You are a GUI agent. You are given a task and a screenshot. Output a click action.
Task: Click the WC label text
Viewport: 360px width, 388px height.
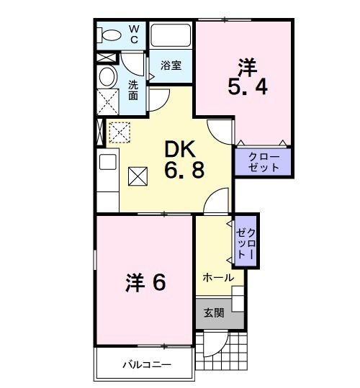coord(134,34)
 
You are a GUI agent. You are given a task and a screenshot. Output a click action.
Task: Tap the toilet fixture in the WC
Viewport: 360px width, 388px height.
coord(111,34)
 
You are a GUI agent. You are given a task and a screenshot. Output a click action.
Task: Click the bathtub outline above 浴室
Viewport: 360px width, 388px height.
coord(171,35)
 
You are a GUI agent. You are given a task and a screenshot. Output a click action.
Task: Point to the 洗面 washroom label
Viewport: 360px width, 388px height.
coord(133,89)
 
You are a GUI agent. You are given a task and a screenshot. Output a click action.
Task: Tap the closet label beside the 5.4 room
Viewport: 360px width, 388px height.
coord(263,162)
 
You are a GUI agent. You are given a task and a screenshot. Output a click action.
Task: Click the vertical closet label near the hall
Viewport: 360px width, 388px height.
coord(246,242)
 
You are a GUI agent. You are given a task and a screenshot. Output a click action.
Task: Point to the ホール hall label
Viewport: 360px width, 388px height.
coord(217,277)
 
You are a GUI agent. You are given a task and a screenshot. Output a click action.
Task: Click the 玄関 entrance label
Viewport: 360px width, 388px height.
coord(214,312)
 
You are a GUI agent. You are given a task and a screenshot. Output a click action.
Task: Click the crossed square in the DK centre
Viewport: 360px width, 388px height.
coord(138,175)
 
